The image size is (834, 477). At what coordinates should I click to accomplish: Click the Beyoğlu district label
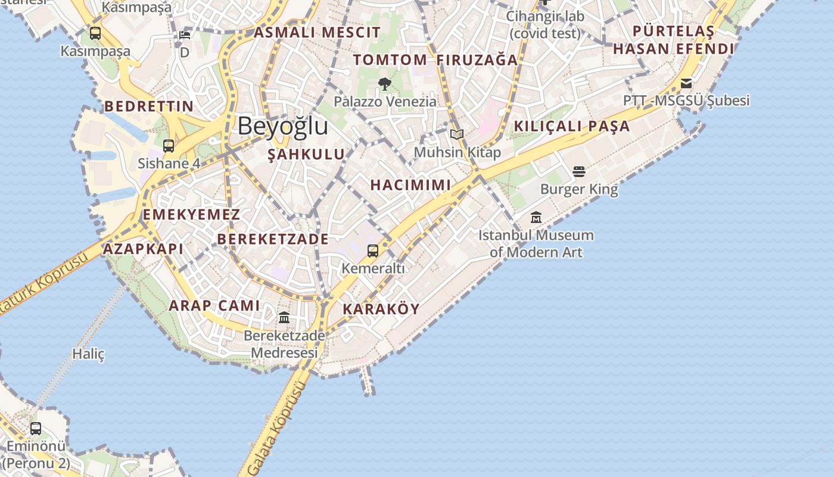point(282,126)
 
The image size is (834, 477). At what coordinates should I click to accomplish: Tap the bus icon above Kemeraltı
point(373,251)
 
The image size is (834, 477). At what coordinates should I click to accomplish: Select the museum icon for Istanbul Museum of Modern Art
point(536,218)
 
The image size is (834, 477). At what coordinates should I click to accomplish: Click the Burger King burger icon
point(579,172)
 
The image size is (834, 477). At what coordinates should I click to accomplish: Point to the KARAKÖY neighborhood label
point(381,309)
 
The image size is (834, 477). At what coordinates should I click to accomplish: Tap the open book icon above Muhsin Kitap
point(457,134)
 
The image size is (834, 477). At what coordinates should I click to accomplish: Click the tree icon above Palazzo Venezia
point(385,84)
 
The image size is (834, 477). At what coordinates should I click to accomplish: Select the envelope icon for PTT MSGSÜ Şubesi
point(686,83)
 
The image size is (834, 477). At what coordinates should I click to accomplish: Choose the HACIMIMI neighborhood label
point(410,185)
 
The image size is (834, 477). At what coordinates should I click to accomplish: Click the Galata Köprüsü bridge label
point(278,429)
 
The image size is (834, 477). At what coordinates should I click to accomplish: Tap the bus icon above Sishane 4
point(169,145)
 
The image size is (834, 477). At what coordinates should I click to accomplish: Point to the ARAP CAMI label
point(214,306)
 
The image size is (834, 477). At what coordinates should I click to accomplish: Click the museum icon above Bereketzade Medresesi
point(284,317)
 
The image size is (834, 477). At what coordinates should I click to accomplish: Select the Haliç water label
point(88,354)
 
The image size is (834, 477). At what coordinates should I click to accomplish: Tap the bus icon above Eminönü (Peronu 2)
point(36,428)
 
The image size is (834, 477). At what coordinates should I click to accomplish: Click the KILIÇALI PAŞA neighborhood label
point(571,126)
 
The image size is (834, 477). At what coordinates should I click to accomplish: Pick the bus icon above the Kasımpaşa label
point(95,33)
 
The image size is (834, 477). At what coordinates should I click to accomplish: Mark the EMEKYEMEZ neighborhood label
point(191,215)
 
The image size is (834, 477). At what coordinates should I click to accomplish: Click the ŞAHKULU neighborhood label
point(306,154)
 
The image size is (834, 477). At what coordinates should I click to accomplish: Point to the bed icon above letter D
point(185,34)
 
